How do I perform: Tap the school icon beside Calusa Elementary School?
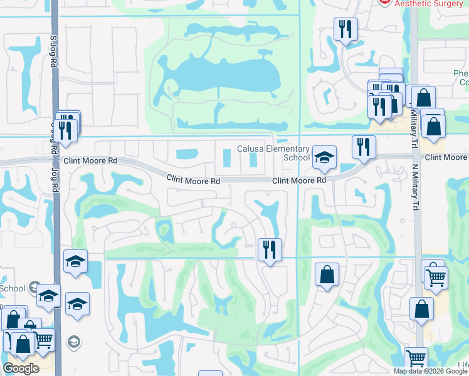coord(324,157)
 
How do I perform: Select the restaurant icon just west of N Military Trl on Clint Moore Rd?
coord(363,147)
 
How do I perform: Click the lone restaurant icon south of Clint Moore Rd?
coord(270,249)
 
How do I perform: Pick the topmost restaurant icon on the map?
coord(345,29)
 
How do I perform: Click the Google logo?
coord(21,368)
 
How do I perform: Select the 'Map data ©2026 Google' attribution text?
coord(430,371)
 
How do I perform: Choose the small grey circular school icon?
coord(73,342)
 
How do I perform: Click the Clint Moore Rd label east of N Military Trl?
coord(446,157)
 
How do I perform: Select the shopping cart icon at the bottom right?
coord(416,359)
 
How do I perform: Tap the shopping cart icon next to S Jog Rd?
coord(43,340)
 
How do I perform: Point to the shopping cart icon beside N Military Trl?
coord(436,276)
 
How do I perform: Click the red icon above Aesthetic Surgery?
coord(385,2)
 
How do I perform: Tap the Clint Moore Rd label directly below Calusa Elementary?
coord(299,180)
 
